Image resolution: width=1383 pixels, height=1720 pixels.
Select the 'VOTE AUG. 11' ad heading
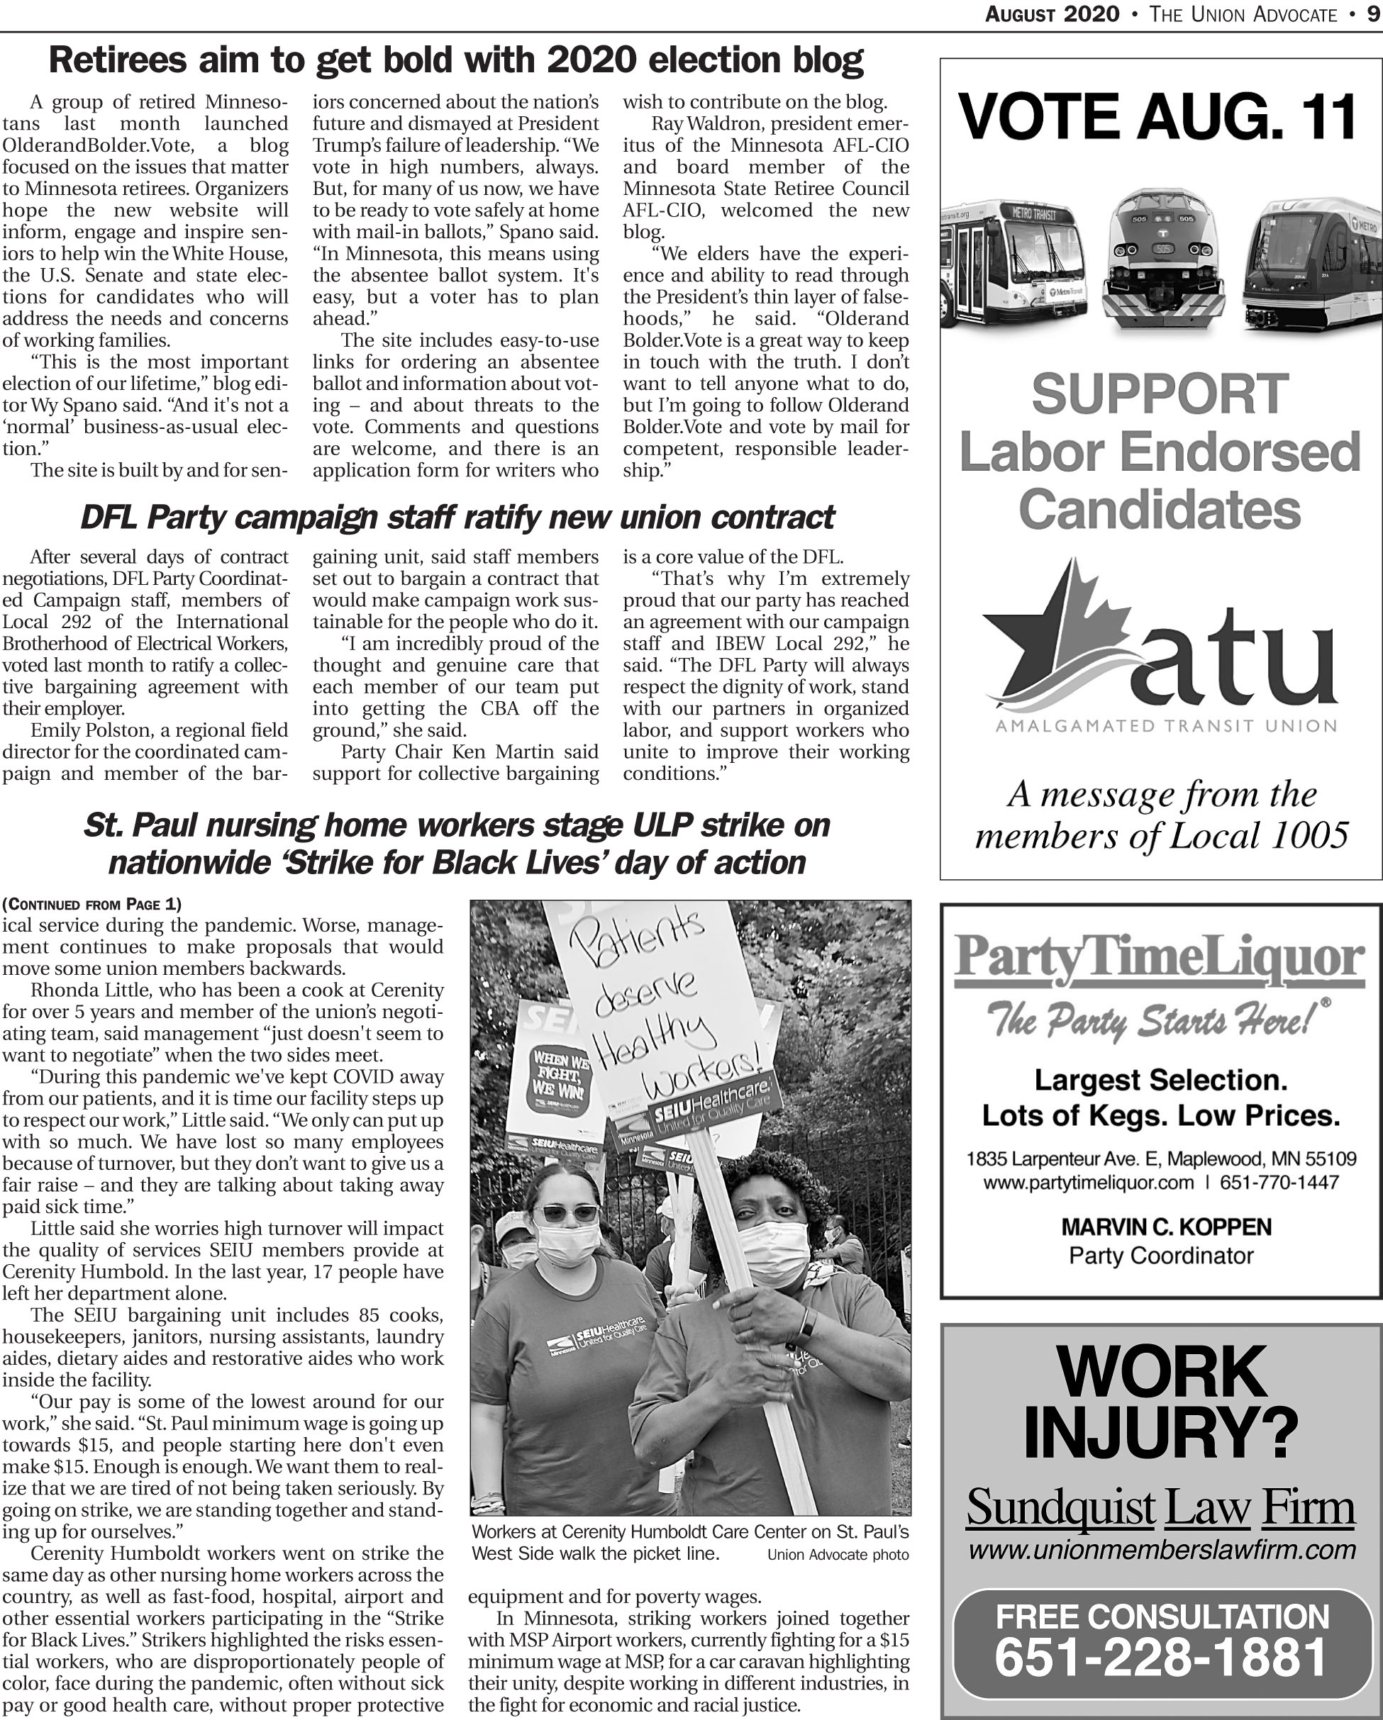click(x=1159, y=116)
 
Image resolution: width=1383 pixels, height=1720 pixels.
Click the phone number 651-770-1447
click(x=1279, y=1183)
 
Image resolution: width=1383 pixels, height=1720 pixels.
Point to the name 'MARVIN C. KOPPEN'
click(x=1166, y=1227)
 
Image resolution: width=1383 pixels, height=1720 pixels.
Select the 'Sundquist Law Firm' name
click(x=1160, y=1508)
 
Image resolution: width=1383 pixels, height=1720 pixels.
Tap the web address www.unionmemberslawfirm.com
click(x=1162, y=1550)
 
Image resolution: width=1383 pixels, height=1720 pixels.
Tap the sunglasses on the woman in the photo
click(x=566, y=1213)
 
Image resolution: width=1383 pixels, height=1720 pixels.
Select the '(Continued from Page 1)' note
click(x=91, y=904)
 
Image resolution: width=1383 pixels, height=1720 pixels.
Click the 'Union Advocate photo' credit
click(x=837, y=1555)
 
